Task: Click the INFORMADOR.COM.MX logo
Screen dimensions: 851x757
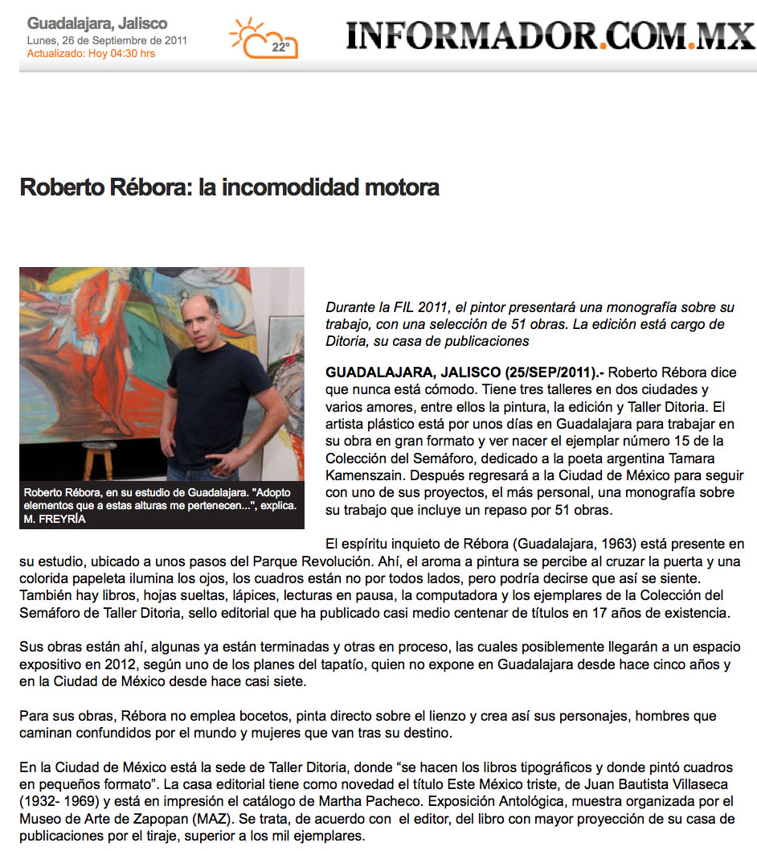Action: (x=550, y=36)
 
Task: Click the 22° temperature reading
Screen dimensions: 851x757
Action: (x=280, y=47)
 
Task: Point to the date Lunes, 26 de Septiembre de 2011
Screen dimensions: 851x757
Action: (x=107, y=40)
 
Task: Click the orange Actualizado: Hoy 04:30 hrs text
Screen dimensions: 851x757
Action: (x=91, y=54)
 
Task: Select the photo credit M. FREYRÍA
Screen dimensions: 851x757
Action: (x=55, y=519)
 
